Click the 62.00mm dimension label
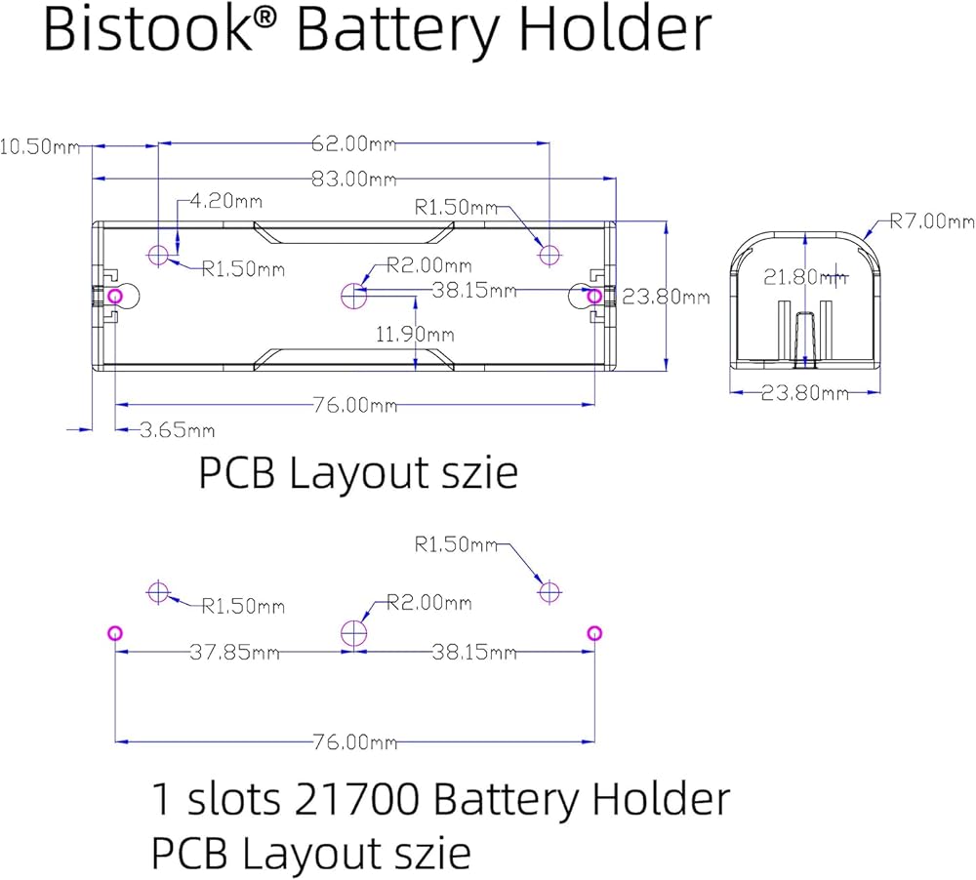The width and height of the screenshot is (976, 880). click(353, 143)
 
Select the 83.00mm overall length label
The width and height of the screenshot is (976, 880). click(353, 179)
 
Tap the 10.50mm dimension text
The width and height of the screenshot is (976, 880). click(39, 146)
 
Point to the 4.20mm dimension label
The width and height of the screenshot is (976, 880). click(225, 202)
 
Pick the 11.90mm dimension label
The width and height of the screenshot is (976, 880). click(414, 334)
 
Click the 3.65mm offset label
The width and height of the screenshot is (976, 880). click(177, 429)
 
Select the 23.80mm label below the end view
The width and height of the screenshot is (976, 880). click(804, 393)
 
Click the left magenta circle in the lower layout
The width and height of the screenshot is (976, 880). click(115, 633)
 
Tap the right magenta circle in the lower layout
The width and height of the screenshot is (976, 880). click(593, 633)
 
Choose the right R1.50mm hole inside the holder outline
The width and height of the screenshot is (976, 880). click(550, 255)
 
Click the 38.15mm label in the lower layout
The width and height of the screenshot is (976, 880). click(475, 652)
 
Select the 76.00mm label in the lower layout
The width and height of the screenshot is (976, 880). click(355, 741)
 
